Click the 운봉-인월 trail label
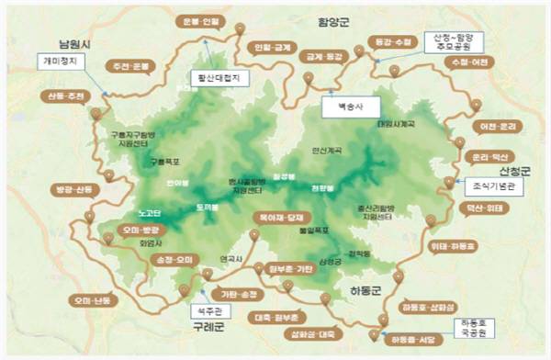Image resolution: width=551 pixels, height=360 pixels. tap(203, 21)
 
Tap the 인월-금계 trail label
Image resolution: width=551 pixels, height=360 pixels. tap(272, 46)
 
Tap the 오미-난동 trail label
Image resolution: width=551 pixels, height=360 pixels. tap(88, 300)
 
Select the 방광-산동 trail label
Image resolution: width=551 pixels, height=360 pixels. tap(74, 190)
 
